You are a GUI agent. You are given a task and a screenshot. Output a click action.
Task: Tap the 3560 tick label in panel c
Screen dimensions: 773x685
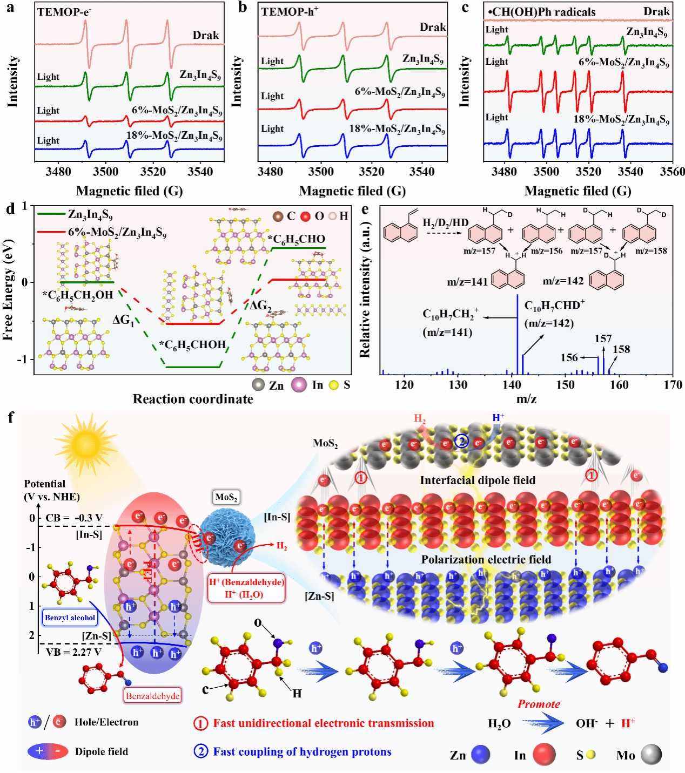coord(672,172)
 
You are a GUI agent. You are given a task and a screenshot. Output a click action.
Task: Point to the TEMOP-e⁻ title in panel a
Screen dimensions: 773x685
coord(64,12)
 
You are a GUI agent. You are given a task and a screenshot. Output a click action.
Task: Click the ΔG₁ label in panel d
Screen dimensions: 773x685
coord(123,320)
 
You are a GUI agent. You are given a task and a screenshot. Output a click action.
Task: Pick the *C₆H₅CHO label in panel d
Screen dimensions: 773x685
coord(297,239)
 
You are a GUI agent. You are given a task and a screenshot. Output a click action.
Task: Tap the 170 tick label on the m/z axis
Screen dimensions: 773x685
coord(673,385)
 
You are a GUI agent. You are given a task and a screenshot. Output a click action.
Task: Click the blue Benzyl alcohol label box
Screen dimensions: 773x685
coord(70,618)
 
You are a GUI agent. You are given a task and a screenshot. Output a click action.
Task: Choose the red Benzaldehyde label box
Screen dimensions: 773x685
coord(152,696)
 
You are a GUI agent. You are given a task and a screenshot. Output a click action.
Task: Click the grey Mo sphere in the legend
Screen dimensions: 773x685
coord(651,755)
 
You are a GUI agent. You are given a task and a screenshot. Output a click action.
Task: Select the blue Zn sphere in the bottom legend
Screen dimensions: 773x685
coord(480,755)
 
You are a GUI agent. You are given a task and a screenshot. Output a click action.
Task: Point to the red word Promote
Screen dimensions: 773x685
coord(539,704)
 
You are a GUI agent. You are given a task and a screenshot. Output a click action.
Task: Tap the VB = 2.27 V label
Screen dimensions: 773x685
coord(73,652)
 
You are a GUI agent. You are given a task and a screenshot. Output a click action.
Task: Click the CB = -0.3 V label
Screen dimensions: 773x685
coord(73,518)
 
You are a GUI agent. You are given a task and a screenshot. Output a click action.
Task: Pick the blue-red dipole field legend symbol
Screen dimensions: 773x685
coord(48,751)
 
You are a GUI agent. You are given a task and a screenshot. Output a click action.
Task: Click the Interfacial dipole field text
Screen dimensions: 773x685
coord(478,480)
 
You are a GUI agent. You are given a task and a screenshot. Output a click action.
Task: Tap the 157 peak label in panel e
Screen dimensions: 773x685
coord(603,338)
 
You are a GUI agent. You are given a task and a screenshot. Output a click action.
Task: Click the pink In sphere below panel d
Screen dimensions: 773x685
coord(299,385)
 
